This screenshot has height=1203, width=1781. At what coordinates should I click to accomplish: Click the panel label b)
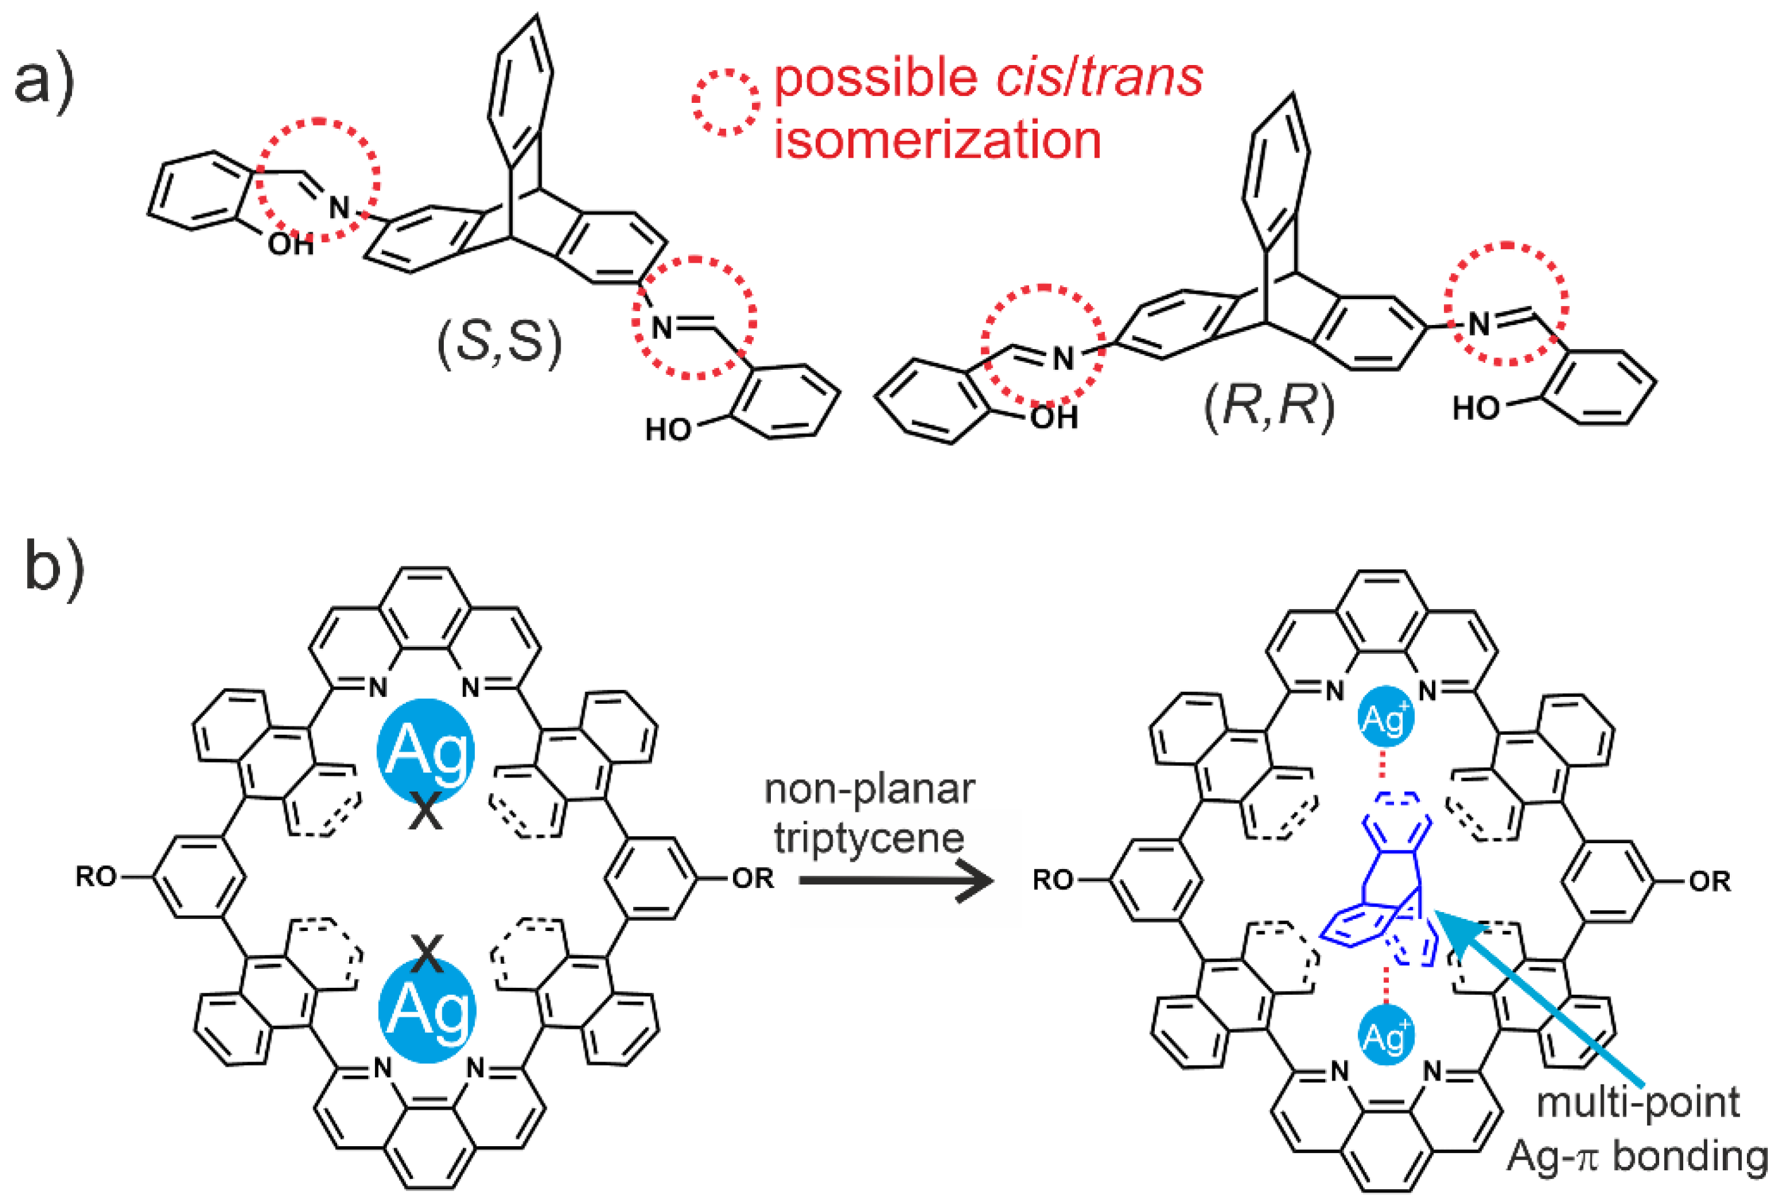54,566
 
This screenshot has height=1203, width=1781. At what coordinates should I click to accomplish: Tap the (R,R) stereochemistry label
1268,406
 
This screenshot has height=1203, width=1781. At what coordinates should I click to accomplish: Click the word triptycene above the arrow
868,838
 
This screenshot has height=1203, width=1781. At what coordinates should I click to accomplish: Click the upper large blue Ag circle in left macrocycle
426,749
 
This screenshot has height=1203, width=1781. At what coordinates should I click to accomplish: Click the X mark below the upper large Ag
426,810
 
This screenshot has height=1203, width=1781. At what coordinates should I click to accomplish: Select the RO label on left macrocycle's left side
96,877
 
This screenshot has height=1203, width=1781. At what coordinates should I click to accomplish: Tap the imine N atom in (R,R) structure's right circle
1479,324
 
